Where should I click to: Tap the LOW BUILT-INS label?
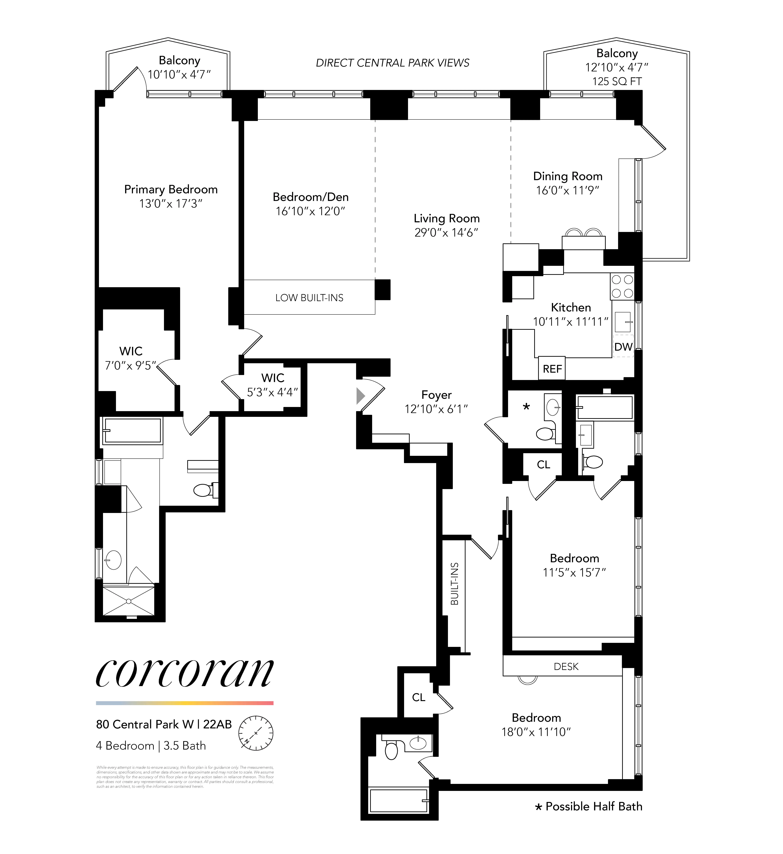[309, 298]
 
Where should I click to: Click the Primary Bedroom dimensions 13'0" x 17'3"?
[171, 204]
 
